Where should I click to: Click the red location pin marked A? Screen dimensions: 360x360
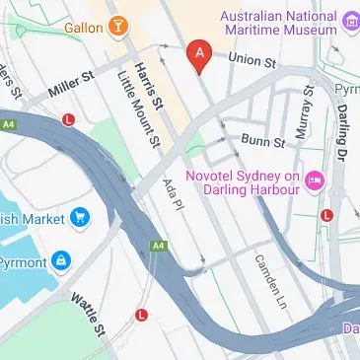tap(199, 55)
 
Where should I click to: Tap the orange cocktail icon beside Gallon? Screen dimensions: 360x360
tap(118, 25)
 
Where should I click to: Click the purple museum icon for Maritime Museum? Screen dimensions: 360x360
tap(351, 18)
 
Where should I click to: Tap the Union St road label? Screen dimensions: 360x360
tap(252, 60)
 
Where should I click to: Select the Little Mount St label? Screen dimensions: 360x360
tap(137, 106)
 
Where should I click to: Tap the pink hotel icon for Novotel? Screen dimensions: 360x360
tap(315, 179)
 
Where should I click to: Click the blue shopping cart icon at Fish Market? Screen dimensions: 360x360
tap(78, 217)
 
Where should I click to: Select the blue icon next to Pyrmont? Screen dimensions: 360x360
tap(62, 260)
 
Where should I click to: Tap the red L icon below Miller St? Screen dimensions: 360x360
tap(69, 120)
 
